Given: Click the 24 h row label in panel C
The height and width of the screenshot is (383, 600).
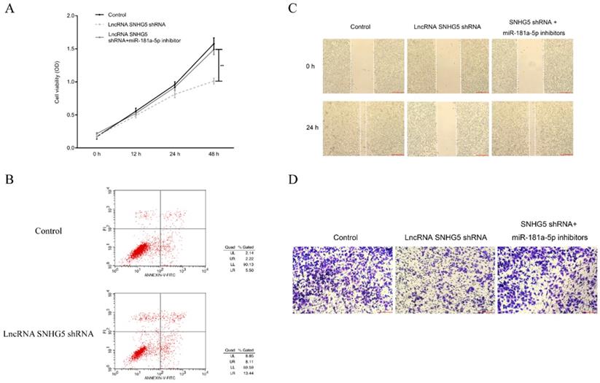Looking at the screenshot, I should point(311,128).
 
